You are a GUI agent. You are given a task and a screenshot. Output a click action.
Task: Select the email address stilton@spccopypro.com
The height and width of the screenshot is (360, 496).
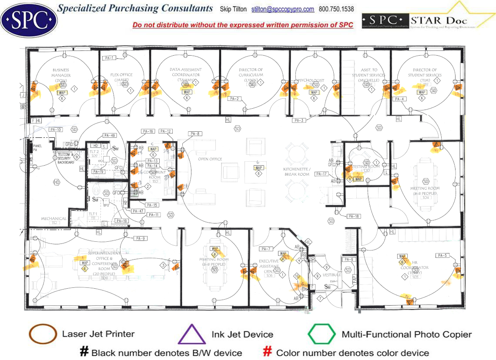click(283, 9)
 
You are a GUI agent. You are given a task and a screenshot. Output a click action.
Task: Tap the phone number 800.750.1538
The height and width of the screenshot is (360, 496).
click(336, 9)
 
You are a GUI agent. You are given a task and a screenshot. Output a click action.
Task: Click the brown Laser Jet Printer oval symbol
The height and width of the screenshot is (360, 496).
click(43, 334)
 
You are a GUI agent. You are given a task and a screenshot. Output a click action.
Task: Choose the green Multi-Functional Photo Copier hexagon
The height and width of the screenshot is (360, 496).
click(322, 334)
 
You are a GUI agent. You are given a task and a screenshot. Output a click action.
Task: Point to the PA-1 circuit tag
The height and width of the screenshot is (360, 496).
click(109, 58)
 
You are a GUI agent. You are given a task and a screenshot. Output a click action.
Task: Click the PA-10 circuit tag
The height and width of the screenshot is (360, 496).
click(56, 130)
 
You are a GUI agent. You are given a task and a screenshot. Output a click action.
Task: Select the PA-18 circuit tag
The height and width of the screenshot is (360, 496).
click(353, 216)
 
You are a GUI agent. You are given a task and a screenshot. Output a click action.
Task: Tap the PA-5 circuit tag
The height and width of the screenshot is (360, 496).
click(442, 255)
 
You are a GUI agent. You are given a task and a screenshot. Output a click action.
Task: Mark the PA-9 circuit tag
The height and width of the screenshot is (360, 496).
click(140, 238)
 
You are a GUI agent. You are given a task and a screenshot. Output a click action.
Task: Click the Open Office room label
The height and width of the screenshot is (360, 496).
click(210, 159)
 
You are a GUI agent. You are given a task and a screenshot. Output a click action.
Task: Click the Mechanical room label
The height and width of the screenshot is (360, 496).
click(54, 219)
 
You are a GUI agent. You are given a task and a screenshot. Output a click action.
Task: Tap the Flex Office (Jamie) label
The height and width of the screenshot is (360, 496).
click(121, 77)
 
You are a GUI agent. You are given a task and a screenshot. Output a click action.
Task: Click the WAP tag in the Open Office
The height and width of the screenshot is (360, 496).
click(259, 167)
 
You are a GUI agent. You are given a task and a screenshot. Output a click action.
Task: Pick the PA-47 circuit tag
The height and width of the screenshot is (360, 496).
click(138, 211)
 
